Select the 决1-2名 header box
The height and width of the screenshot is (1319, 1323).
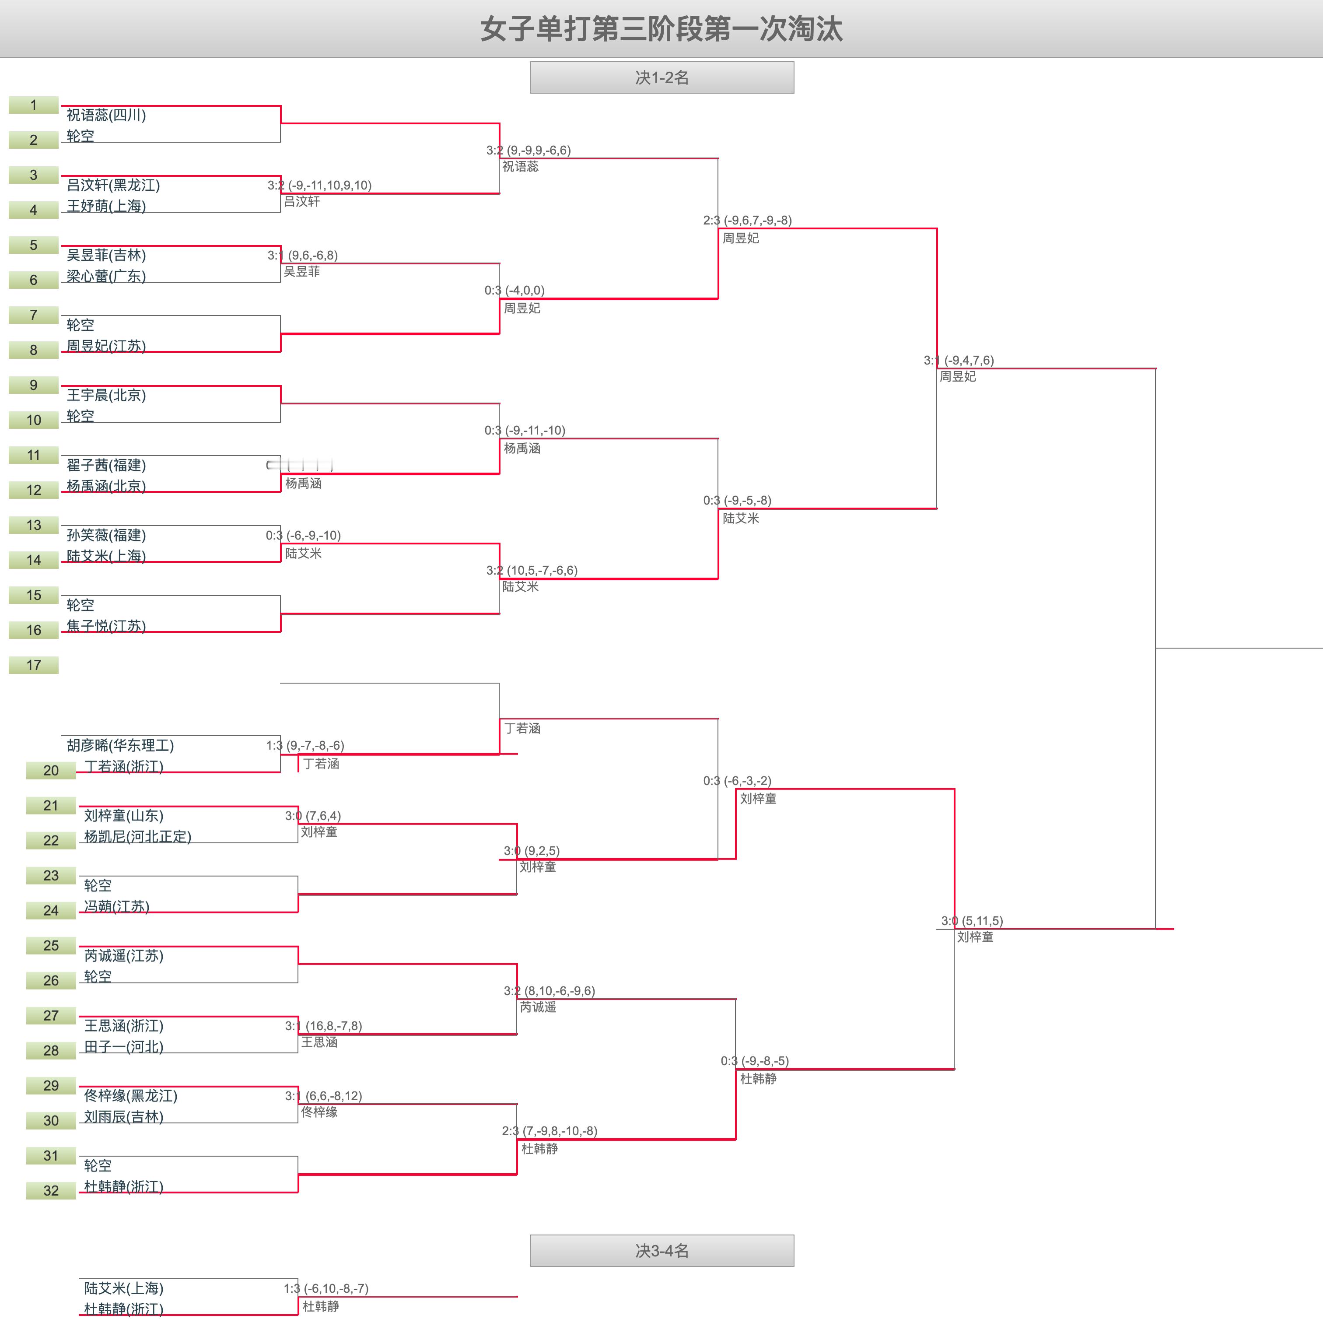661,77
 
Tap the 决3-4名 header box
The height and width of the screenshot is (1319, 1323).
661,1251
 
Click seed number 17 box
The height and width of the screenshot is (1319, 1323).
34,665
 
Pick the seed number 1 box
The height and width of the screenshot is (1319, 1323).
34,105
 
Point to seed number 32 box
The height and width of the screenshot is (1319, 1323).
51,1190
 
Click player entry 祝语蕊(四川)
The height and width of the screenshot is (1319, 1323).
106,115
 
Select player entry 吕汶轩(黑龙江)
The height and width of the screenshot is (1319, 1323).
113,185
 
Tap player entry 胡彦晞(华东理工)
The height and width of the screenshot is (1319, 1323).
120,745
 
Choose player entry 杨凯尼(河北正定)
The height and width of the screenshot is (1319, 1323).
137,836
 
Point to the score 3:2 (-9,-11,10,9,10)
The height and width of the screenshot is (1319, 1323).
319,185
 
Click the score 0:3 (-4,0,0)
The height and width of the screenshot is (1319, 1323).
514,291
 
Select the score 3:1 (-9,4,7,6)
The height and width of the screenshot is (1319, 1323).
959,360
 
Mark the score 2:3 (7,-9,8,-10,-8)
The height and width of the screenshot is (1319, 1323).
549,1131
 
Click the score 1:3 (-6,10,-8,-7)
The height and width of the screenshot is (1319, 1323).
326,1288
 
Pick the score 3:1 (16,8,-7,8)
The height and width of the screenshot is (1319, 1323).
323,1026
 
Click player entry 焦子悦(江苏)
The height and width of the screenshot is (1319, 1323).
106,626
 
